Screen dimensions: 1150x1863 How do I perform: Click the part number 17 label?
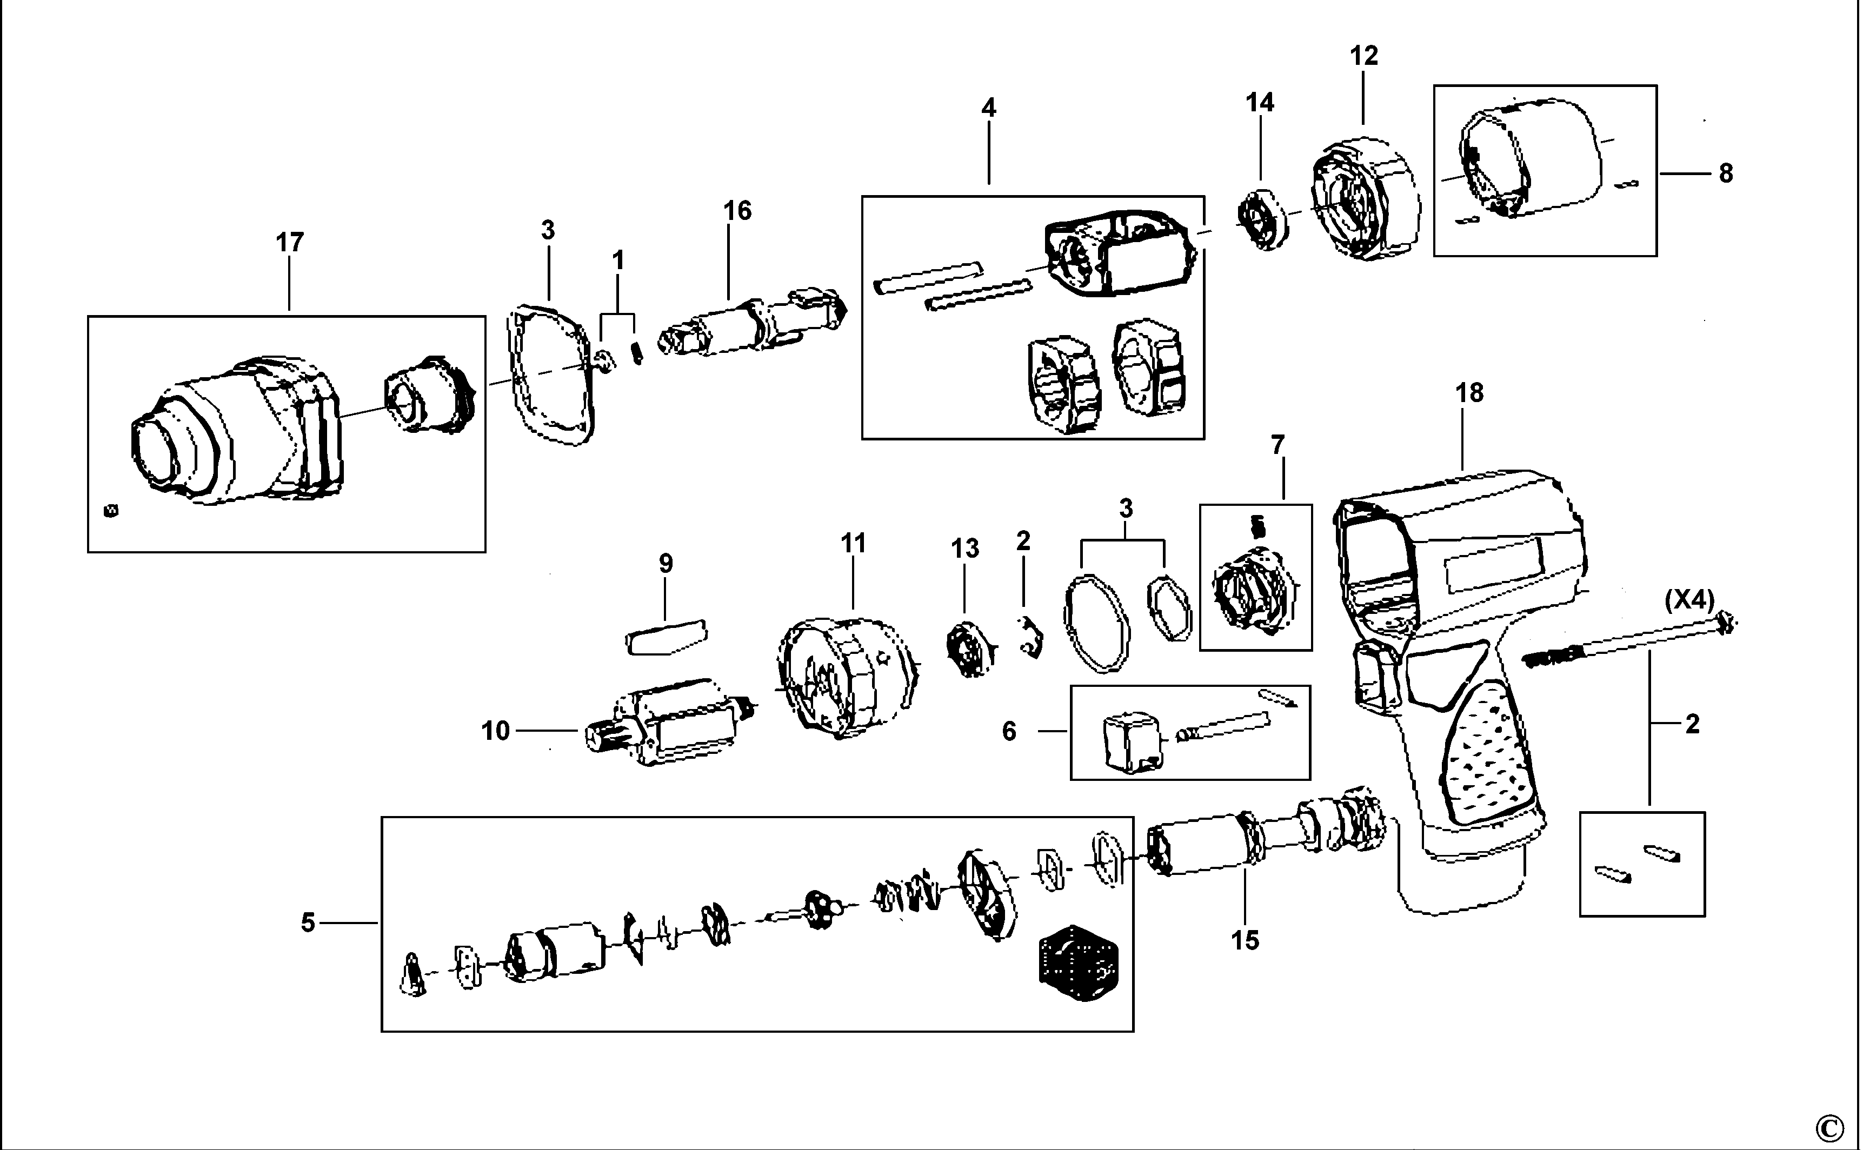(x=289, y=243)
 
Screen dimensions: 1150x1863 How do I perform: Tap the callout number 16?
(x=736, y=211)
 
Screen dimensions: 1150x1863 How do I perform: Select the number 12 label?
(x=1364, y=56)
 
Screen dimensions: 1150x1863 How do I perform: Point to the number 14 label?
(x=1260, y=103)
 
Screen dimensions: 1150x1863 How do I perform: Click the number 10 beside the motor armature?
(x=495, y=731)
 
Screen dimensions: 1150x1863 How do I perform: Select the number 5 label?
(x=307, y=922)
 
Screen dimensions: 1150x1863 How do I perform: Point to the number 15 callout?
(x=1245, y=941)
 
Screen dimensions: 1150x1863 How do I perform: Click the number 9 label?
(x=666, y=564)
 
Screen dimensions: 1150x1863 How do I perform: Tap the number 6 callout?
(x=1009, y=732)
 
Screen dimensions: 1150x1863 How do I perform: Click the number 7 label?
(x=1278, y=444)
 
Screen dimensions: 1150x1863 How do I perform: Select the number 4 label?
(x=988, y=108)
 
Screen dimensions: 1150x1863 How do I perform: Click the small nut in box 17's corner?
(x=110, y=510)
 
